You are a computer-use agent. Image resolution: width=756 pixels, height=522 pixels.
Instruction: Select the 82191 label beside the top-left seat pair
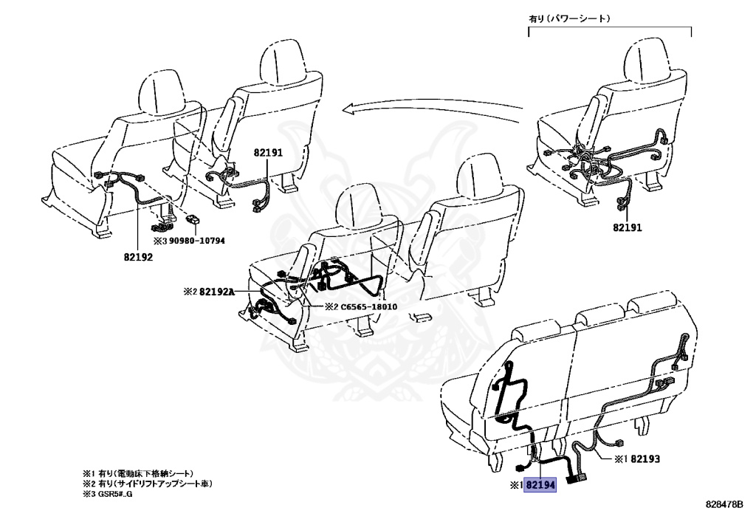pyautogui.click(x=268, y=153)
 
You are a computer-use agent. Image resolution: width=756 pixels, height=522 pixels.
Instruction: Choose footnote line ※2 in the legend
pyautogui.click(x=147, y=483)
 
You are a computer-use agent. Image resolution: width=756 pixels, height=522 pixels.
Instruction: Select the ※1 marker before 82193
pyautogui.click(x=619, y=459)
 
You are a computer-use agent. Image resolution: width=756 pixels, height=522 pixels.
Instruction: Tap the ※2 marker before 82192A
pyautogui.click(x=190, y=292)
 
